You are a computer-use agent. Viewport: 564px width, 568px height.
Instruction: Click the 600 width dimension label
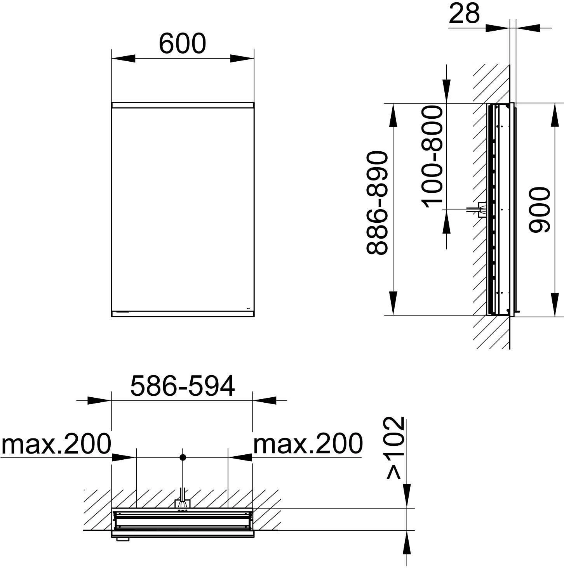tap(182, 43)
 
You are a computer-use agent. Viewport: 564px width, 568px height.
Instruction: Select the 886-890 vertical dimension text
tap(377, 203)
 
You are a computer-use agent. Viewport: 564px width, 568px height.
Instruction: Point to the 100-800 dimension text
tap(432, 157)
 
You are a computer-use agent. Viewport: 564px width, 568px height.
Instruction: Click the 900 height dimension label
tap(540, 210)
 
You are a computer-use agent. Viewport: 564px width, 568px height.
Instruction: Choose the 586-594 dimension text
tap(183, 386)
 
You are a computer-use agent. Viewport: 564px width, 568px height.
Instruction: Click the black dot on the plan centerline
tap(183, 457)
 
